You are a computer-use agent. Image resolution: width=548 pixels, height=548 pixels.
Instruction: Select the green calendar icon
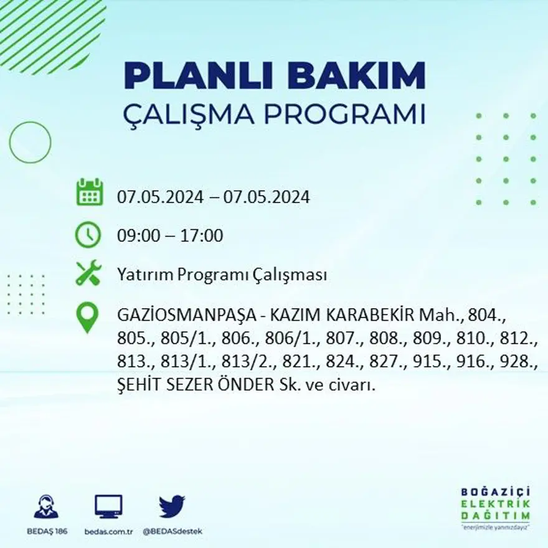click(89, 192)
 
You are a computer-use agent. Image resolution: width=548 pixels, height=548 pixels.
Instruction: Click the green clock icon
click(88, 235)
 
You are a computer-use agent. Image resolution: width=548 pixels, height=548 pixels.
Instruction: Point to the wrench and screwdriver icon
click(88, 274)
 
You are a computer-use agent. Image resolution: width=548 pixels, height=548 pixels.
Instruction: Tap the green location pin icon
click(88, 316)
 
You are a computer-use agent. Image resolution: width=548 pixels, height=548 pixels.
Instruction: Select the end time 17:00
click(201, 235)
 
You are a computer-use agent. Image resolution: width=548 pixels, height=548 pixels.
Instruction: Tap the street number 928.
click(521, 361)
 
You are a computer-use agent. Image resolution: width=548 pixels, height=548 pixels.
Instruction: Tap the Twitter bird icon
click(172, 506)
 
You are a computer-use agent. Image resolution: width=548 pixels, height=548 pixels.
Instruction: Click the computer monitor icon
click(108, 506)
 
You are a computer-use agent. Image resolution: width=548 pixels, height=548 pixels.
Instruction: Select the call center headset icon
click(46, 507)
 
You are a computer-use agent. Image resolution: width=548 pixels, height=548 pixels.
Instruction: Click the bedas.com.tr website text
click(108, 531)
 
